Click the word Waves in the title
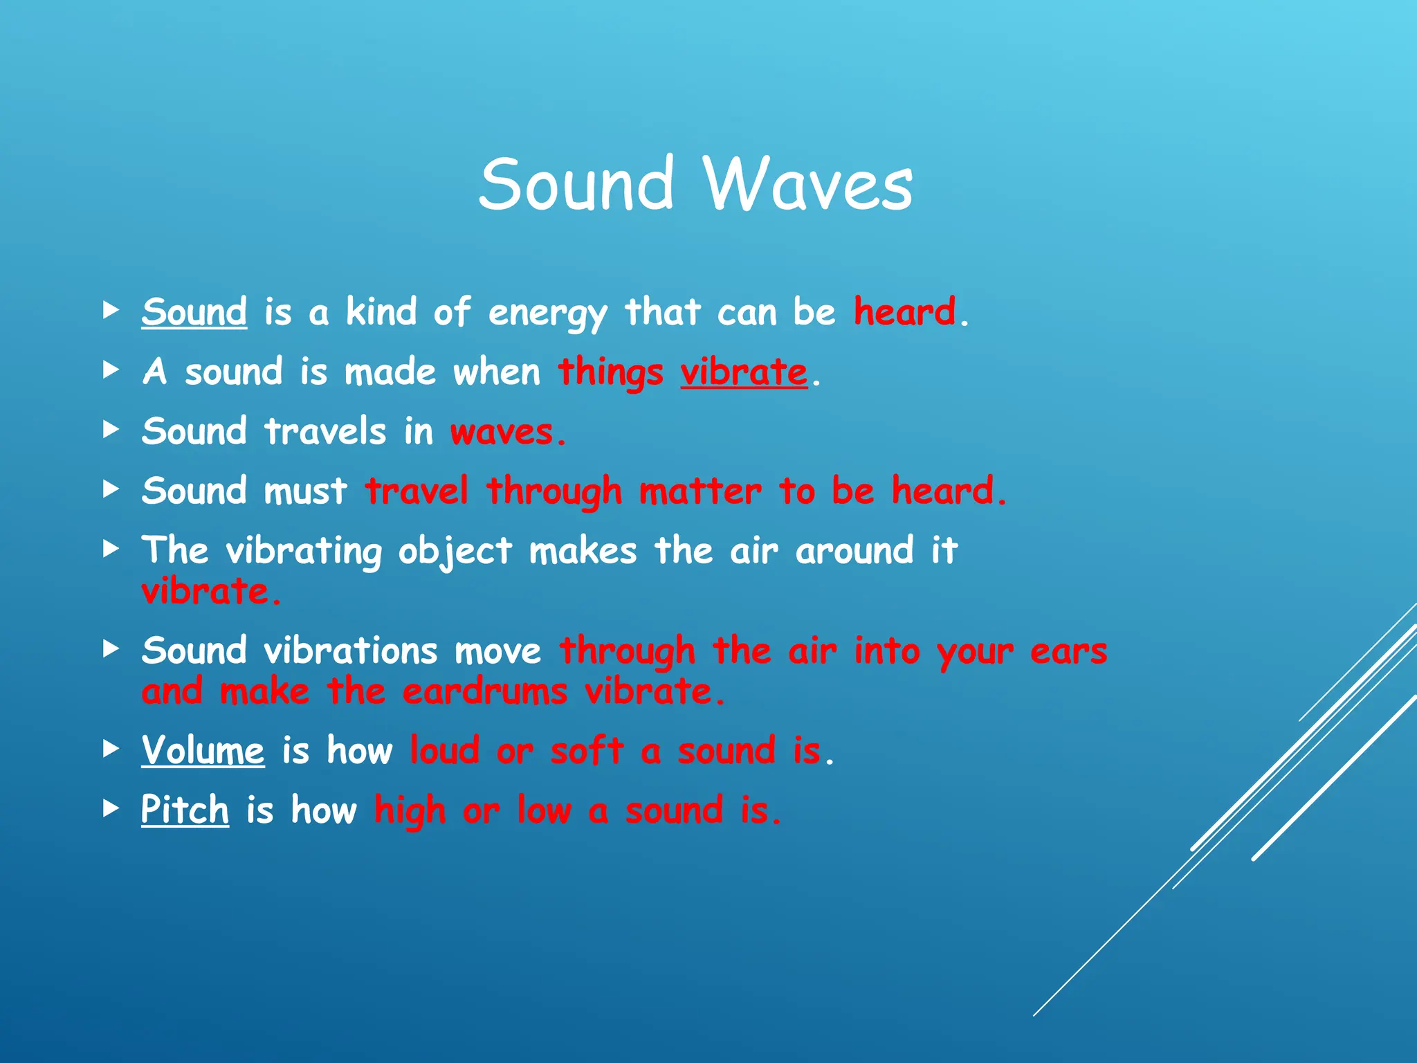click(807, 184)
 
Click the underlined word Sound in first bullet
click(194, 312)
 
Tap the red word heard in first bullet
click(904, 311)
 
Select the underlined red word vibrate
click(744, 372)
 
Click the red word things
click(610, 373)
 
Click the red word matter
click(700, 491)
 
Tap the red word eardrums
click(485, 691)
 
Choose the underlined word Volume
click(203, 750)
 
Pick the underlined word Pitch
click(185, 810)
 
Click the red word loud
click(444, 750)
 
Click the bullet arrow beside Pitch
click(111, 808)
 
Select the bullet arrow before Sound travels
click(111, 430)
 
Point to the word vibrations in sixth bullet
click(351, 651)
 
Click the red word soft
click(587, 750)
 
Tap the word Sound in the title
click(576, 184)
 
